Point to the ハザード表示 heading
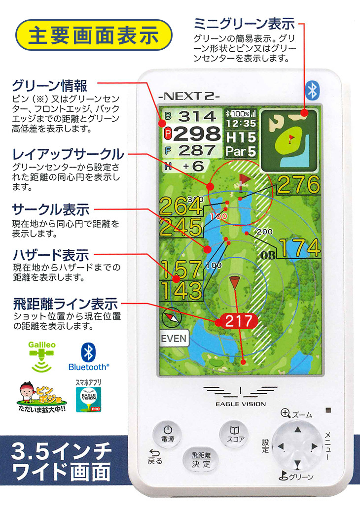coord(51,256)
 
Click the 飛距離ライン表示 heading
coord(65,303)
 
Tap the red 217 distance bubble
coord(238,321)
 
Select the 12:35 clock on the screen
coord(241,123)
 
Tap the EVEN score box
coord(174,338)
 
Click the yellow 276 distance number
coord(298,185)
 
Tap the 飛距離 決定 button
coord(201,460)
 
